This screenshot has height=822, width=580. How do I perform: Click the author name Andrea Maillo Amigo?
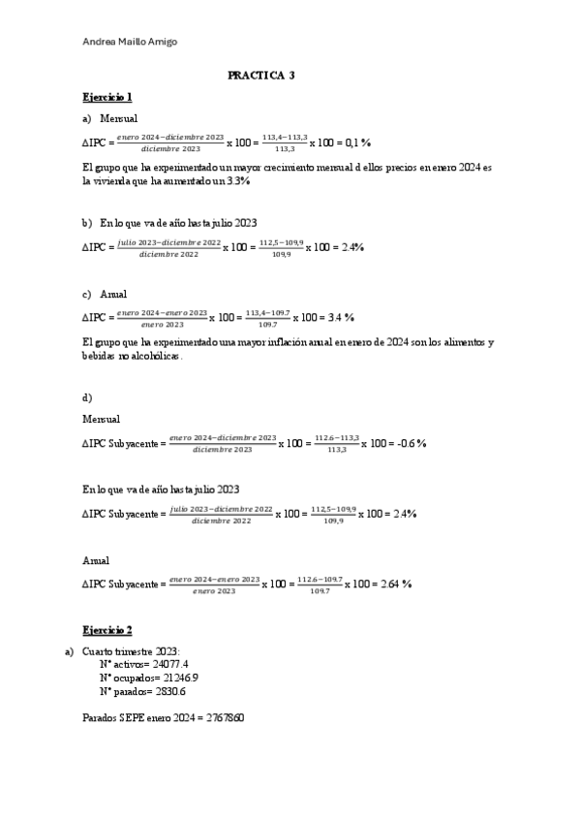[x=131, y=41]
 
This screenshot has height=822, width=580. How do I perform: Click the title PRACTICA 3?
[x=261, y=75]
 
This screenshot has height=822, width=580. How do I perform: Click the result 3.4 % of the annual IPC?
[x=339, y=317]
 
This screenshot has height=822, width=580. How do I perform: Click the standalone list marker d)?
[x=87, y=397]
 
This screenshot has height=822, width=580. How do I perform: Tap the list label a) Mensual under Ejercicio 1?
[x=109, y=118]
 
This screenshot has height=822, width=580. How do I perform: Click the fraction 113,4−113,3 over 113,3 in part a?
[x=285, y=143]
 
